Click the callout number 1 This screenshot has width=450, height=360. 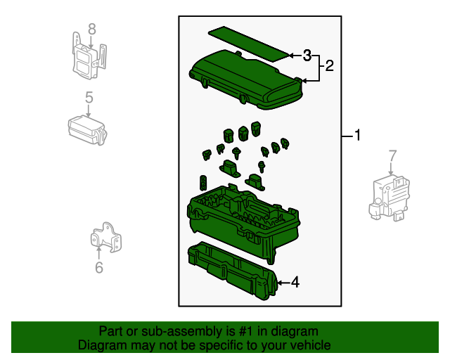(x=357, y=135)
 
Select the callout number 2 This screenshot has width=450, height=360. (x=330, y=66)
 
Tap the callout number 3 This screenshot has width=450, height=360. (x=307, y=56)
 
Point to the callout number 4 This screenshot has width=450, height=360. (x=295, y=283)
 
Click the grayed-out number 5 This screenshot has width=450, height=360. (x=89, y=98)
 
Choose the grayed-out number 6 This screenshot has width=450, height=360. (x=99, y=267)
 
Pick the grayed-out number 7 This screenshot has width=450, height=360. (x=392, y=156)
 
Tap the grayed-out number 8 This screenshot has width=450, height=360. (x=92, y=30)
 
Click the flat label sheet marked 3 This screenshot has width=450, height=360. (x=248, y=44)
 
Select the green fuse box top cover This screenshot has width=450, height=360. (x=246, y=79)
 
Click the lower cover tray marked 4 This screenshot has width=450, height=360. (x=233, y=271)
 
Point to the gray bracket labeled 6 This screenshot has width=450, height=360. (x=105, y=237)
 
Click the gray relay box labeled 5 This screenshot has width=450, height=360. (x=87, y=130)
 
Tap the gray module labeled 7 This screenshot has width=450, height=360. (x=389, y=198)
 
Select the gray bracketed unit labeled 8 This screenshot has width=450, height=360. (x=89, y=56)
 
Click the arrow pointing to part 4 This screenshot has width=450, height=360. (x=284, y=283)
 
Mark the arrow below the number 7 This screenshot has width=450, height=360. (x=391, y=167)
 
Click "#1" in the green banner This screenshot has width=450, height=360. (x=246, y=331)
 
